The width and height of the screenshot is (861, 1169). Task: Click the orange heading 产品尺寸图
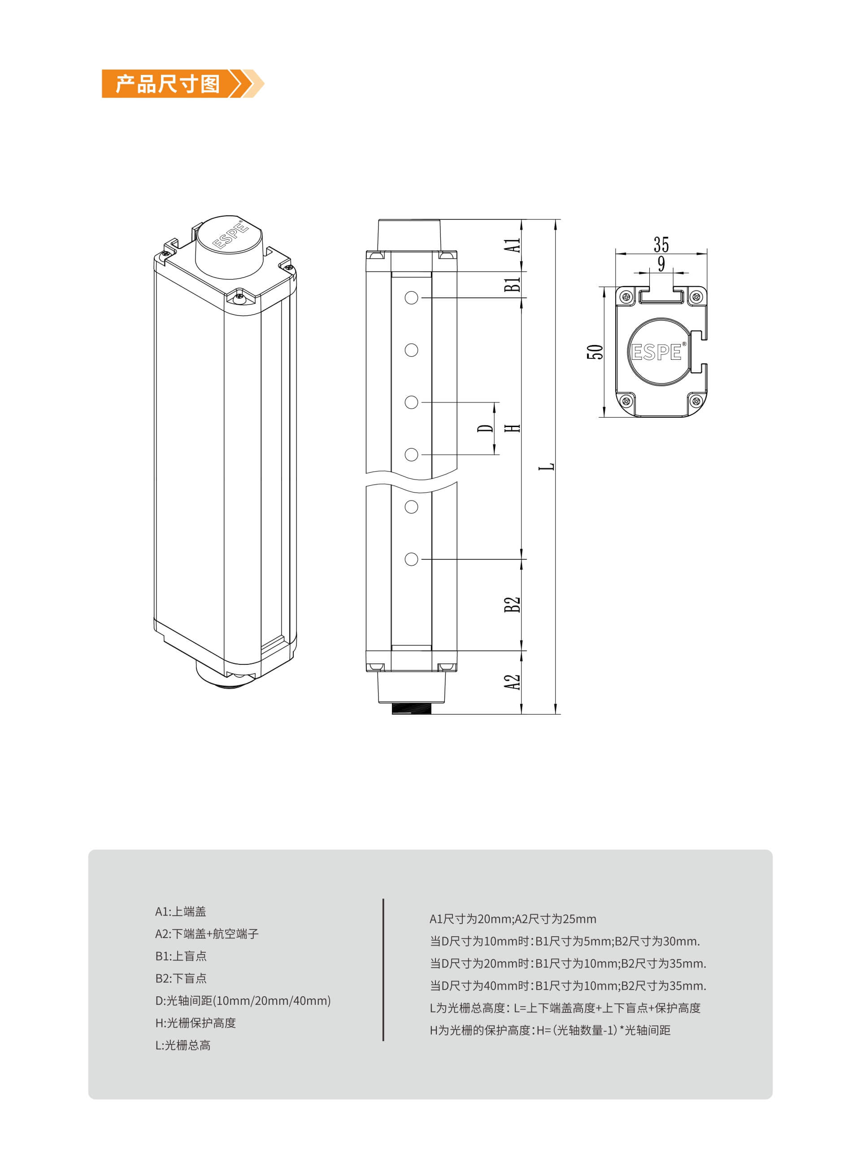click(x=167, y=84)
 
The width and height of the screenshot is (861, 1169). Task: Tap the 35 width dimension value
click(x=661, y=244)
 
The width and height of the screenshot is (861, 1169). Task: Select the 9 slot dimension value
click(x=661, y=264)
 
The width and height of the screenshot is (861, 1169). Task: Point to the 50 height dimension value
click(x=595, y=352)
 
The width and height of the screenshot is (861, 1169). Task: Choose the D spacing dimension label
click(x=485, y=428)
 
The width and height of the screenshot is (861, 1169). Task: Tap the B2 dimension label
click(x=512, y=605)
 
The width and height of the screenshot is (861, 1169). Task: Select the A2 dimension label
click(x=512, y=682)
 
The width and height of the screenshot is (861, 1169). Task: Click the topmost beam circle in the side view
click(x=411, y=298)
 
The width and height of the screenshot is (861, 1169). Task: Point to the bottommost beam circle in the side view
click(x=411, y=559)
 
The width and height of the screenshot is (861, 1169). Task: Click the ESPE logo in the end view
click(x=657, y=353)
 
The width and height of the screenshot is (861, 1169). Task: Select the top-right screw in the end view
click(x=695, y=297)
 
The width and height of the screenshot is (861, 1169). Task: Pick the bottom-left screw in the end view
click(x=626, y=401)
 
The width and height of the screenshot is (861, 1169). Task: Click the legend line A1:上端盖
click(x=180, y=912)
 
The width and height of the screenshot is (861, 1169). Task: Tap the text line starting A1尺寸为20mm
click(x=513, y=919)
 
